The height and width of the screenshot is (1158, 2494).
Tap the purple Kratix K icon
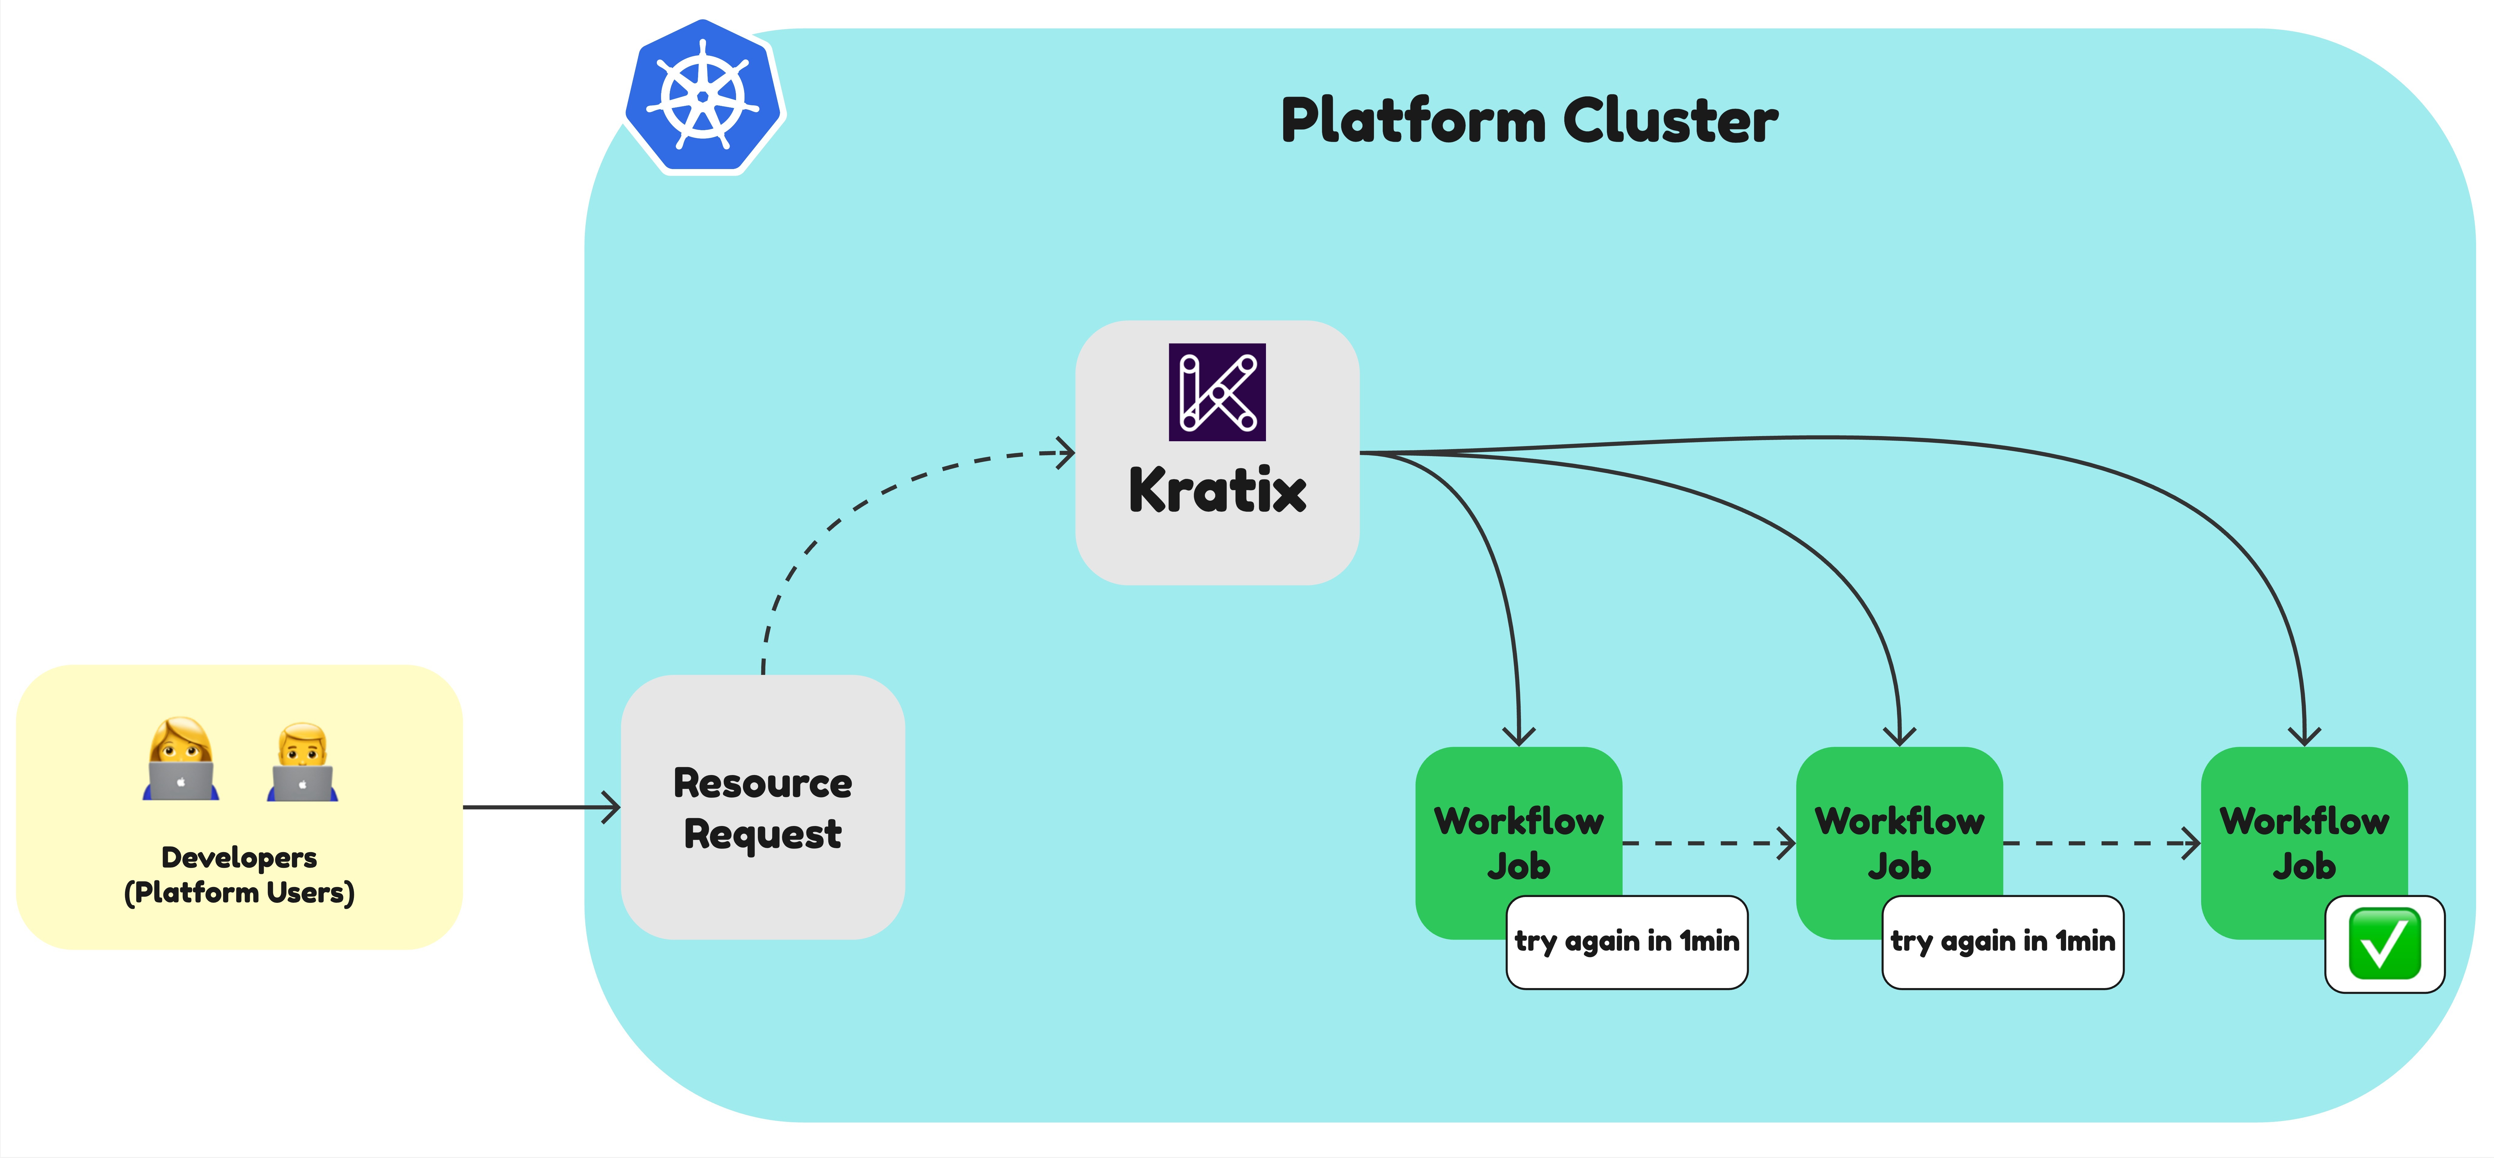1217,392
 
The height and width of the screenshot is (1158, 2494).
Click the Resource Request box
763,808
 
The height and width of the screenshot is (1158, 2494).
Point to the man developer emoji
302,762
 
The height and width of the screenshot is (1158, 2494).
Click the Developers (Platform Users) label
239,874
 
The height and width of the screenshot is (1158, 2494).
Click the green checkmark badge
2384,944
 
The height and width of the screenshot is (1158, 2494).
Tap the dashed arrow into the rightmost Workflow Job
2101,843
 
